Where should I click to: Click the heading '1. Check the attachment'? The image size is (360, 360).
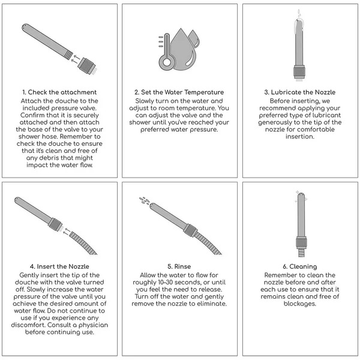(59, 92)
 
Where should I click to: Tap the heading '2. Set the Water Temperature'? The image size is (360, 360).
(179, 92)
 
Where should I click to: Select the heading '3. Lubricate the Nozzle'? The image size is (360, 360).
(300, 92)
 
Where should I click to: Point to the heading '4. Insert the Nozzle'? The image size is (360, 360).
(59, 266)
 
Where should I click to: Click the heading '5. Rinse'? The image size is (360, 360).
(179, 266)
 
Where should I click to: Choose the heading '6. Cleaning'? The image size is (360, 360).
(300, 266)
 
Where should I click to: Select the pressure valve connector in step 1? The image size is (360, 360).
(87, 66)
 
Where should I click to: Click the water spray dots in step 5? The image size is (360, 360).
(144, 200)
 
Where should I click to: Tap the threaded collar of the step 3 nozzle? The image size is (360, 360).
(299, 72)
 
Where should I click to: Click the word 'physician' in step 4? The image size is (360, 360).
(93, 325)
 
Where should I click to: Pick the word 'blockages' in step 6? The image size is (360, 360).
(299, 304)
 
